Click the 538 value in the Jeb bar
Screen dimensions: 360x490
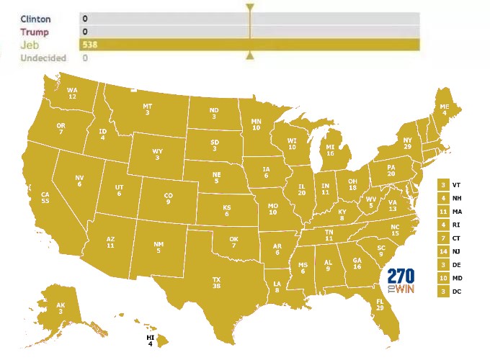pos(90,45)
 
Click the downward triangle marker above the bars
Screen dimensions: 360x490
pos(250,9)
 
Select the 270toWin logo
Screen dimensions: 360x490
pos(401,279)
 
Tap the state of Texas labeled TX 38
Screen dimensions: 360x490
pos(217,281)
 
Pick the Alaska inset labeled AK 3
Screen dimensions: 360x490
pos(61,307)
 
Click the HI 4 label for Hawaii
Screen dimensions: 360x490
pos(151,341)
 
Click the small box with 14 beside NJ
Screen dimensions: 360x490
pos(443,251)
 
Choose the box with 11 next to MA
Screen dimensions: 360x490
pos(443,211)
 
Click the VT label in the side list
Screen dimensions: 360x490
pos(456,185)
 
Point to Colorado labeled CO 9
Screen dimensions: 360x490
pos(169,198)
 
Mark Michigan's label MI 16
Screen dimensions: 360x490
pos(330,150)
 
